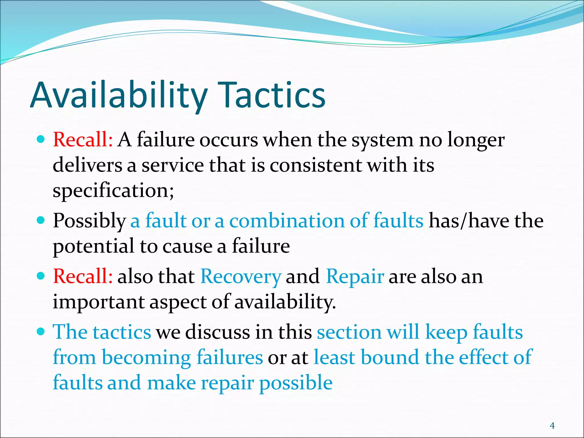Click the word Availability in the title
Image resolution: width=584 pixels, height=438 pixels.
pos(118,96)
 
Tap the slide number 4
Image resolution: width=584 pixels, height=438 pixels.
pos(552,426)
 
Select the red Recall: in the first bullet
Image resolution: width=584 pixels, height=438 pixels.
pos(83,140)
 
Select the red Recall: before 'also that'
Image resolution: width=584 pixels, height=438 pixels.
pos(83,276)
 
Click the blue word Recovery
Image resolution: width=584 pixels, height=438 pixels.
pos(241,277)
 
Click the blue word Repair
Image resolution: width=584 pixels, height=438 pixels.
pos(355,277)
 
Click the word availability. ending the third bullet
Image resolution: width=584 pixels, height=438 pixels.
pos(285,302)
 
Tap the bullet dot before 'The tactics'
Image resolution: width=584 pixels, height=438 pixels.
pos(41,332)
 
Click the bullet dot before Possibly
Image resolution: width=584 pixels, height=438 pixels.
pos(41,220)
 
